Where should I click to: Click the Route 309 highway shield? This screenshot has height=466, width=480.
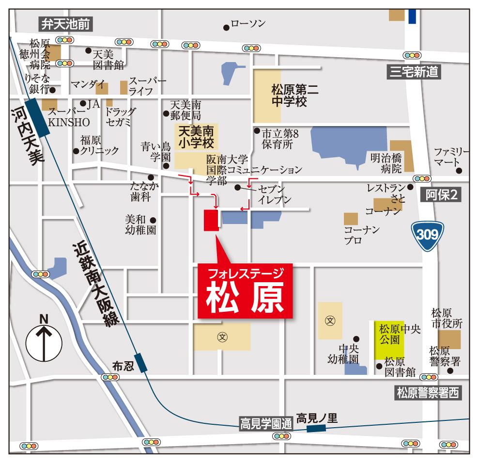[x=428, y=235]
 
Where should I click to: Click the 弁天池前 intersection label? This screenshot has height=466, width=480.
[x=66, y=23]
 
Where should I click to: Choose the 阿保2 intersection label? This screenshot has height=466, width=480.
[x=441, y=194]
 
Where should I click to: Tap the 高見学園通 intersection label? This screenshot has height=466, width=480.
[x=266, y=424]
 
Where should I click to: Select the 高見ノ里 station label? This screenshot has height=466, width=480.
[x=317, y=418]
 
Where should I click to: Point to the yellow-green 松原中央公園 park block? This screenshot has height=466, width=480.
[x=388, y=340]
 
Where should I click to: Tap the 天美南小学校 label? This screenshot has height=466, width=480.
[x=196, y=137]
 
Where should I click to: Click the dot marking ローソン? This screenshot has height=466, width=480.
[x=226, y=27]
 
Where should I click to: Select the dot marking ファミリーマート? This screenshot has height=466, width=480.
[x=459, y=171]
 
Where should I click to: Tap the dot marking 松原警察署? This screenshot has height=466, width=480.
[x=450, y=371]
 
